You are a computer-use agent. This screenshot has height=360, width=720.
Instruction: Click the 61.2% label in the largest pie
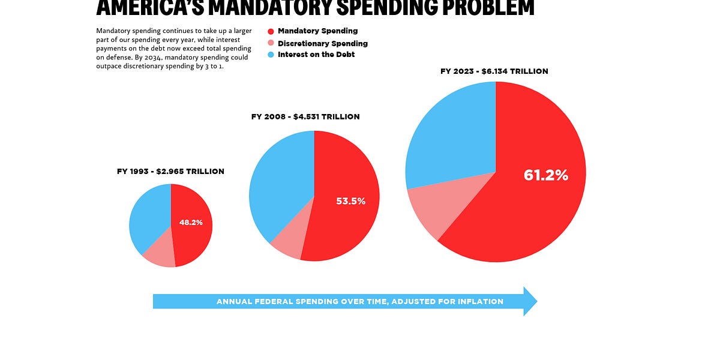pyautogui.click(x=545, y=175)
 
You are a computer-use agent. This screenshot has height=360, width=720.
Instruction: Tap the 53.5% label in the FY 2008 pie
pyautogui.click(x=350, y=202)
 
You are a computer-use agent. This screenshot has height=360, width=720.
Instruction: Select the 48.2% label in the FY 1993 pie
pyautogui.click(x=191, y=223)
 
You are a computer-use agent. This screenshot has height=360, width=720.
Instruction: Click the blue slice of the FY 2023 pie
pyautogui.click(x=450, y=138)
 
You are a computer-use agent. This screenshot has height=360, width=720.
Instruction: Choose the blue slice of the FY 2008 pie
pyautogui.click(x=279, y=180)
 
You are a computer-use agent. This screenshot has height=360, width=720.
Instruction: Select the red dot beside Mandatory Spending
pyautogui.click(x=271, y=31)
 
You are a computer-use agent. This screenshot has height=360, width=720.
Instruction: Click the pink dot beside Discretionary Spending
pyautogui.click(x=271, y=43)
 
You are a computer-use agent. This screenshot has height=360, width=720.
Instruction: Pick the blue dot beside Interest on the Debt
pyautogui.click(x=271, y=55)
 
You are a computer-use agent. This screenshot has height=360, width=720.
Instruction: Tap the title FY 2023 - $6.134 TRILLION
pyautogui.click(x=494, y=71)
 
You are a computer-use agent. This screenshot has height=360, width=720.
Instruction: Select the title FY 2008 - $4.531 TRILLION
pyautogui.click(x=305, y=116)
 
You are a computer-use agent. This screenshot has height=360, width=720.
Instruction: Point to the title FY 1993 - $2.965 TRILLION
pyautogui.click(x=170, y=171)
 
